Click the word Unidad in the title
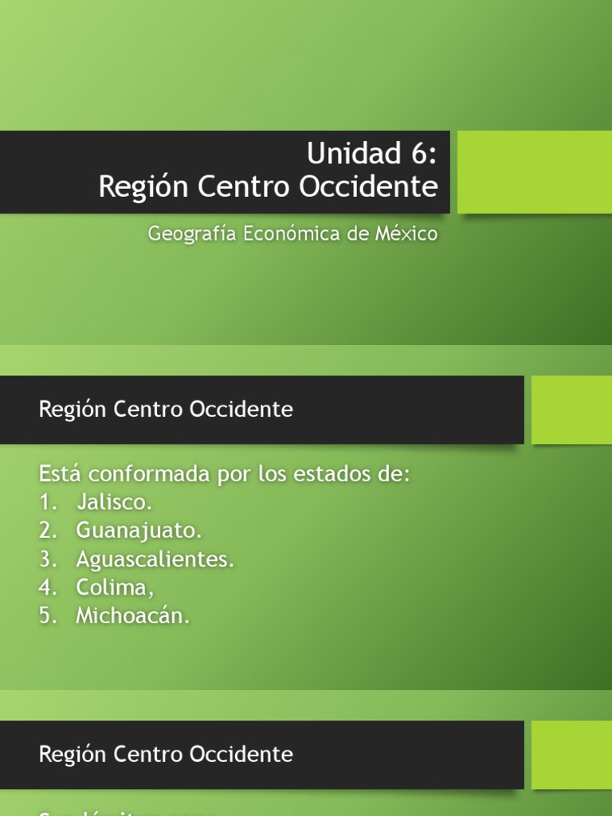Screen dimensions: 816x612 pyautogui.click(x=343, y=153)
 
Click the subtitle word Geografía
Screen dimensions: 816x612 pyautogui.click(x=191, y=234)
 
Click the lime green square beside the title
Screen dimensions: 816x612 pyautogui.click(x=535, y=172)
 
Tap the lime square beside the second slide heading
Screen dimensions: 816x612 pyautogui.click(x=571, y=410)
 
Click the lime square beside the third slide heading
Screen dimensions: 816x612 pyautogui.click(x=571, y=755)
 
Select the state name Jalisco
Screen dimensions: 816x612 pyautogui.click(x=114, y=503)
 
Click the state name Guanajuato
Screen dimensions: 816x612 pyautogui.click(x=139, y=531)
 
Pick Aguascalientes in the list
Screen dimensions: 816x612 pyautogui.click(x=155, y=559)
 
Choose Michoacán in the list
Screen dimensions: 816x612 pyautogui.click(x=133, y=616)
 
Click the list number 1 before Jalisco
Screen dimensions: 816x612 pyautogui.click(x=45, y=503)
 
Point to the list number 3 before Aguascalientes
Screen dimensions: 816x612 pyautogui.click(x=45, y=559)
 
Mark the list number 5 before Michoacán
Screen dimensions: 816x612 pyautogui.click(x=45, y=616)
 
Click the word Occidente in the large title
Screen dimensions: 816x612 pyautogui.click(x=368, y=187)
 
